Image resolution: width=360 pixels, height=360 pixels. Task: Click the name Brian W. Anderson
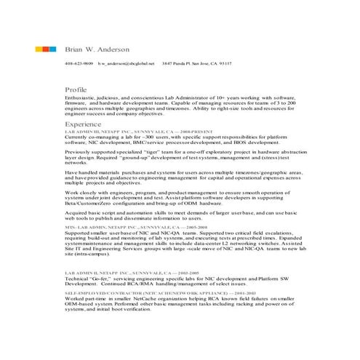click(x=97, y=49)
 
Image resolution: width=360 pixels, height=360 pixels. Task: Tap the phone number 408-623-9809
click(x=79, y=64)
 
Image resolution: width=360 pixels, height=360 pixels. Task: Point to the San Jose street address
click(x=196, y=64)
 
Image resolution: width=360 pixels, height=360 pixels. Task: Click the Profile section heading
click(x=76, y=90)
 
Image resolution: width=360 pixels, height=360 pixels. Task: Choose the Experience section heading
click(x=82, y=125)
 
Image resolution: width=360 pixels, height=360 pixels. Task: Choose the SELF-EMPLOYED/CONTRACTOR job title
click(x=131, y=293)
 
